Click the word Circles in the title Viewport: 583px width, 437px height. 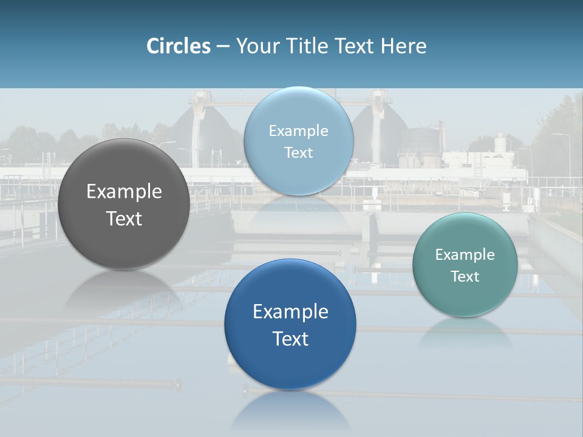point(179,46)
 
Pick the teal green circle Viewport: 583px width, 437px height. point(465,297)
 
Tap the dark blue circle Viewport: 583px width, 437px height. point(290,364)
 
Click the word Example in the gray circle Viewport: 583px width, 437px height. point(124,192)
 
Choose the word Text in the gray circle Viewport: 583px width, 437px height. point(124,218)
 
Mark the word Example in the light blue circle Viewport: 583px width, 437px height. point(298,131)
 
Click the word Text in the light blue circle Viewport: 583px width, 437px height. point(298,152)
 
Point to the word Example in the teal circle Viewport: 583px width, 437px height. point(465,255)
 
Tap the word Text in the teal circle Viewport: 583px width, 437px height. point(465,276)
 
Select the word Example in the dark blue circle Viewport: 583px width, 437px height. point(290,311)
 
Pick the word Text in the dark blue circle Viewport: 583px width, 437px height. point(290,339)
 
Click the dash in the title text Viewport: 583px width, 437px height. point(222,46)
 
